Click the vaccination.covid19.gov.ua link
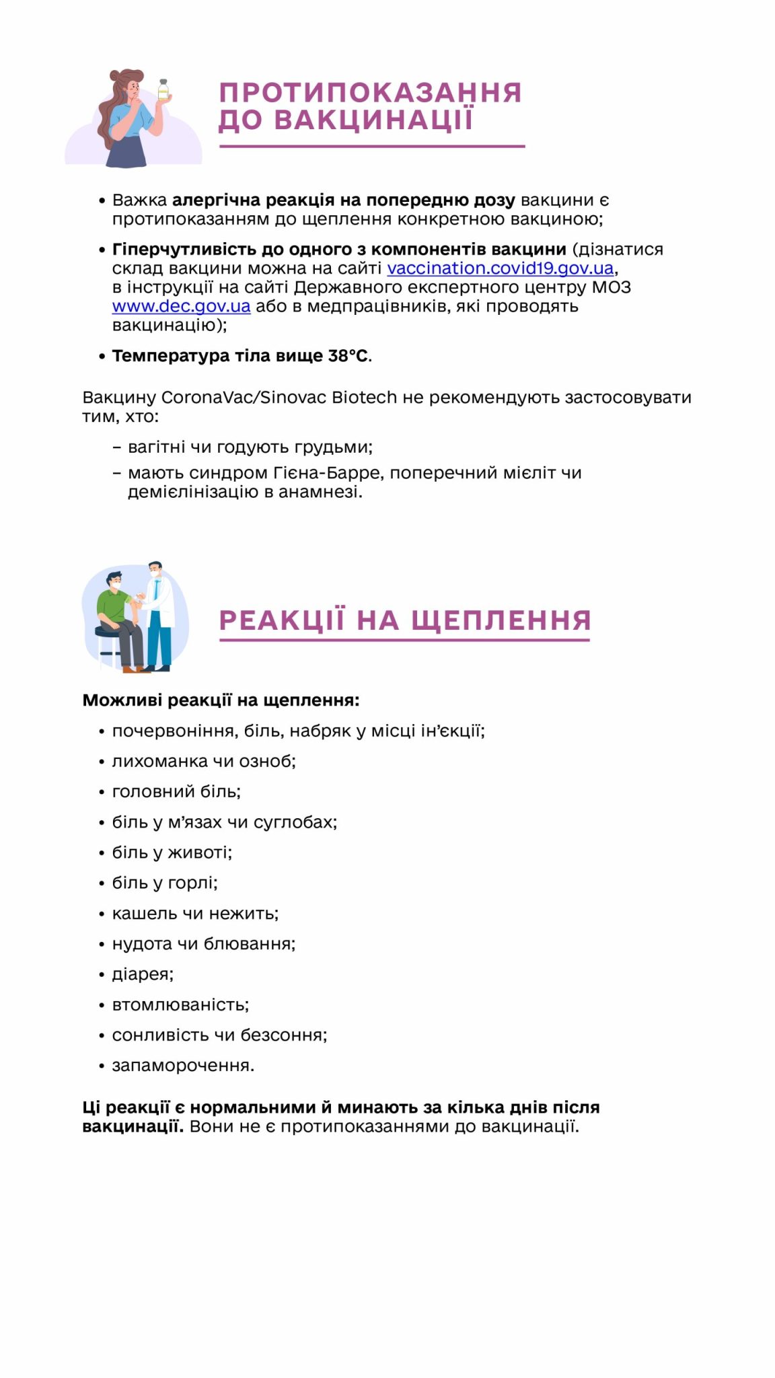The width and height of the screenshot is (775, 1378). [500, 268]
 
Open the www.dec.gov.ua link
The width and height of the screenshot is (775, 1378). [181, 307]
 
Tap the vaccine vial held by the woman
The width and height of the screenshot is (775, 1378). [163, 90]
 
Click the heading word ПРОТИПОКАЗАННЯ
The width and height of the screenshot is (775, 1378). [370, 93]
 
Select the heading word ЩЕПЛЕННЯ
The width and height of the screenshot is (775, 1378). [501, 620]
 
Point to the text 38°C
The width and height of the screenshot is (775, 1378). [348, 356]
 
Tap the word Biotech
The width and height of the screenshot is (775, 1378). [364, 398]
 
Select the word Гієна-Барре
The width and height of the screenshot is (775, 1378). [328, 473]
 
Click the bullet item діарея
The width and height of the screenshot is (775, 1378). [143, 974]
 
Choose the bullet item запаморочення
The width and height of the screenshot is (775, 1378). [183, 1066]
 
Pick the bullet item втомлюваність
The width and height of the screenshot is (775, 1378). [180, 1005]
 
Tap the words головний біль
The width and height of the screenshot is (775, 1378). [176, 792]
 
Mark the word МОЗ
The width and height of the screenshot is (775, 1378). [611, 288]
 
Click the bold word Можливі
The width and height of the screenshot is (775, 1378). [122, 700]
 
